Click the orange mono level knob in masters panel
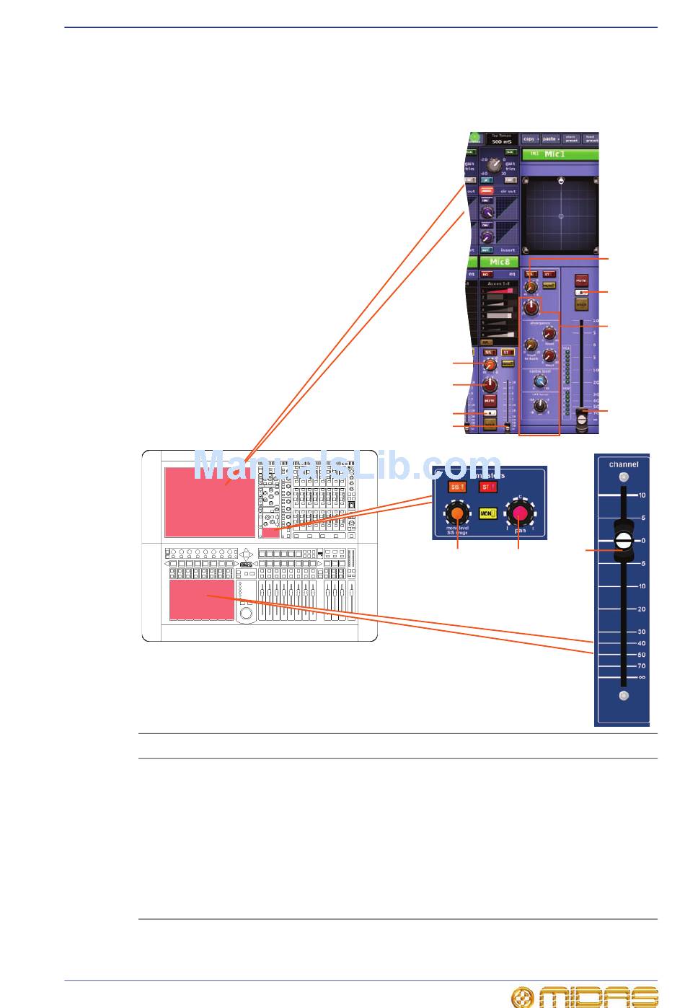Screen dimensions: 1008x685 point(456,513)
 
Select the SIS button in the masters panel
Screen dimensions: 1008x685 point(456,487)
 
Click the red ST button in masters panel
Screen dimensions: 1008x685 point(487,487)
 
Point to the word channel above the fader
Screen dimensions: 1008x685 point(623,464)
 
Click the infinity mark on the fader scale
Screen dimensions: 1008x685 point(641,678)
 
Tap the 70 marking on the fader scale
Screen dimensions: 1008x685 point(641,666)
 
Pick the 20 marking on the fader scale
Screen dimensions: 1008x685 point(641,609)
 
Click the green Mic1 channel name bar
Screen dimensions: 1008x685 point(560,154)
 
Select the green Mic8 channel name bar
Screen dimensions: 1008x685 point(500,261)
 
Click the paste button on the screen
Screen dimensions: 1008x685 point(551,138)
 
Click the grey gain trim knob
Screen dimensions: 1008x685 point(495,165)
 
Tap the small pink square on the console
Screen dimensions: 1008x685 point(270,533)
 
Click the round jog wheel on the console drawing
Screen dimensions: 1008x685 point(245,614)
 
